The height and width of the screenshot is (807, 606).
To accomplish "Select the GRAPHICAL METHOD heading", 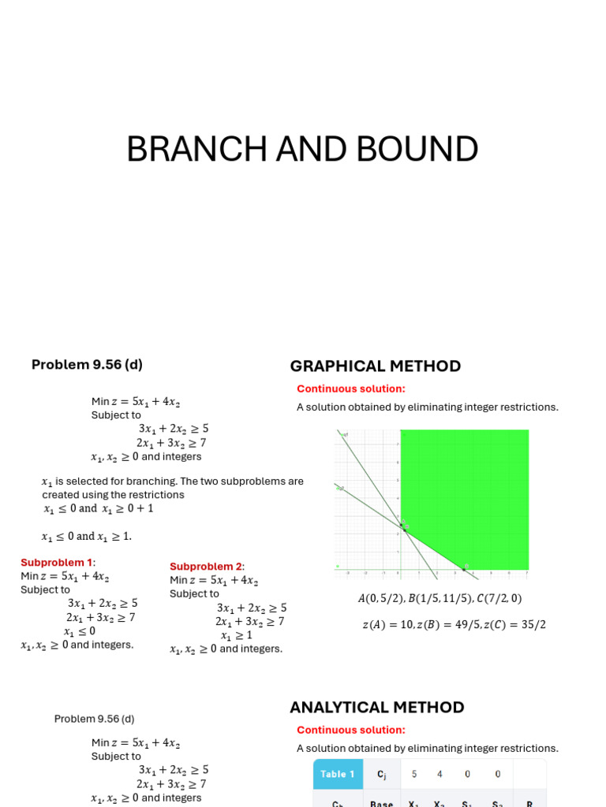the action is click(x=375, y=366).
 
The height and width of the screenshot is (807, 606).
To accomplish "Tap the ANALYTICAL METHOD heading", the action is click(x=376, y=707).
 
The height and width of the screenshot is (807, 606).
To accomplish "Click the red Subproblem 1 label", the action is click(x=56, y=563).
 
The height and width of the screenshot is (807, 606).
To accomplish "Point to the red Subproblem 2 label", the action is click(x=206, y=567).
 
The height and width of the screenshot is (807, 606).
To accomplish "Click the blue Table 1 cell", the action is click(x=338, y=774).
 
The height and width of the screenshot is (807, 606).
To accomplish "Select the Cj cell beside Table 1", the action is click(x=382, y=774).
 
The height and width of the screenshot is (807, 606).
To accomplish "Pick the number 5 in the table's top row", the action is click(x=414, y=774).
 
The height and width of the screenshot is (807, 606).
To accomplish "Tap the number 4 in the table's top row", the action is click(x=440, y=774).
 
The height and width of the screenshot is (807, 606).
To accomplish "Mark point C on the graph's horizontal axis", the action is click(x=464, y=567).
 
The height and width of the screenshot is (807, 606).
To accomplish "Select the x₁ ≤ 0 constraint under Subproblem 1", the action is click(x=80, y=631).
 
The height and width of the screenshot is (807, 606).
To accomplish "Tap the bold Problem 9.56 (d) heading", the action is click(x=87, y=364).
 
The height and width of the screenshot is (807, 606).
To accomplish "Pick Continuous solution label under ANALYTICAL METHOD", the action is click(x=350, y=730).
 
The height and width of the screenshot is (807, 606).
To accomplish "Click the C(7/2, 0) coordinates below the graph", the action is click(x=499, y=599).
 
